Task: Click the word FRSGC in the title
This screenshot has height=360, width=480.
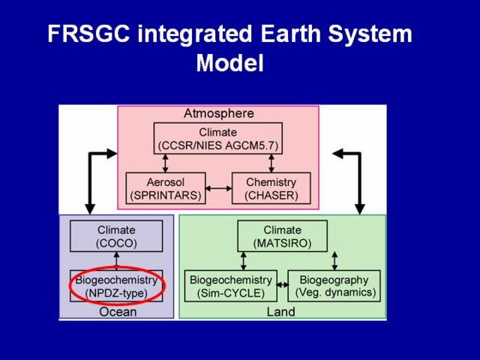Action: coord(88,34)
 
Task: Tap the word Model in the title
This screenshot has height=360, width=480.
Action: coord(230,63)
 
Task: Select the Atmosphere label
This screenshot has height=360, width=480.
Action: coord(218,113)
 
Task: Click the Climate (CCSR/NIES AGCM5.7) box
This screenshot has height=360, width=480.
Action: coord(218,138)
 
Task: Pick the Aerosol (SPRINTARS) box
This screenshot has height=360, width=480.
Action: coord(166,188)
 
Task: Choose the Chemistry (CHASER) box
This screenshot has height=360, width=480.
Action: coord(271,188)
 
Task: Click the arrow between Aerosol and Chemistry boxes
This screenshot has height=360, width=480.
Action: coord(218,188)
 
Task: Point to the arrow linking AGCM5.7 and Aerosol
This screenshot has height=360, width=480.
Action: coord(165,163)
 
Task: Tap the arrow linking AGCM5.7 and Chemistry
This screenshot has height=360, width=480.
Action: coord(271,163)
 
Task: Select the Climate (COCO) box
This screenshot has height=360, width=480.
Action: coord(116,236)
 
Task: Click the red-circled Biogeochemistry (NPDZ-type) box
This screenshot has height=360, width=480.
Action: coord(116,286)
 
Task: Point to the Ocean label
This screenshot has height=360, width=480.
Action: coord(118,312)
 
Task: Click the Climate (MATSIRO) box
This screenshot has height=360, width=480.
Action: coord(282,236)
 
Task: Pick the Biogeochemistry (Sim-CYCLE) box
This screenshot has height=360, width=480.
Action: coord(231,286)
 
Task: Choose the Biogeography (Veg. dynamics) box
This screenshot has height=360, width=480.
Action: coord(334,286)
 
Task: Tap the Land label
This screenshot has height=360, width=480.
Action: coord(281,312)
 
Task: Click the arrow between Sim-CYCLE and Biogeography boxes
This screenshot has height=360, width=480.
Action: coord(283,285)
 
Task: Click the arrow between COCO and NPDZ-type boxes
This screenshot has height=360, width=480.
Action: coord(116,261)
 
